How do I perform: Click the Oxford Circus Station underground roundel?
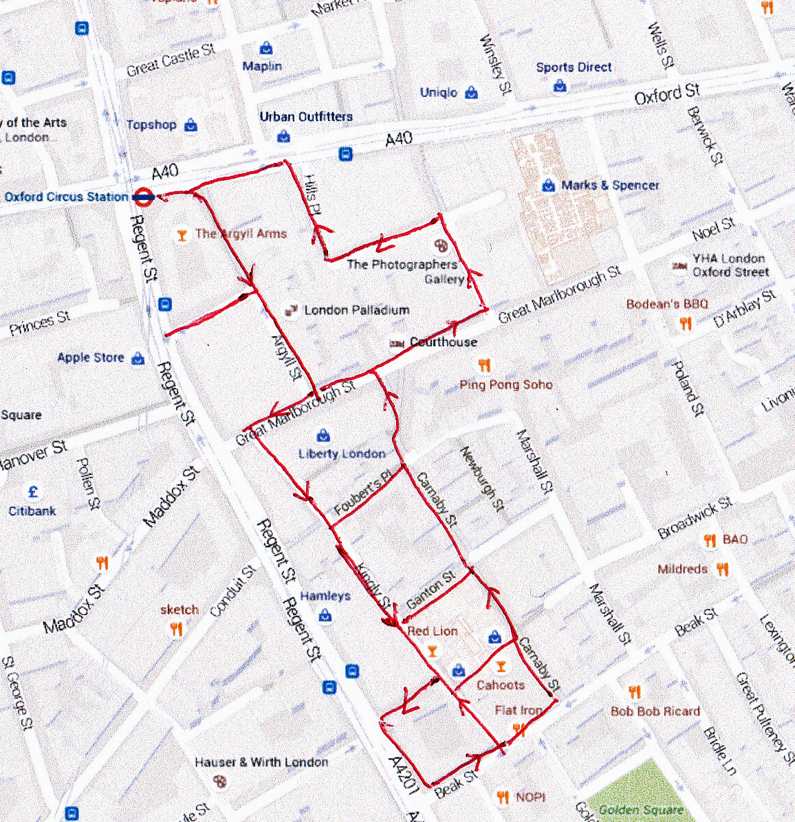pos(144,197)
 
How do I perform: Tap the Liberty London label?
pos(342,454)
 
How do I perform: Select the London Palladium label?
pos(356,311)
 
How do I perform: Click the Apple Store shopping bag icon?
pos(138,358)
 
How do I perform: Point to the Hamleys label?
pos(325,596)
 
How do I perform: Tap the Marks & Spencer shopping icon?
pos(549,186)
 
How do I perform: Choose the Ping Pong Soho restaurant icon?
pos(485,366)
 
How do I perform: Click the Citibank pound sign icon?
pos(32,492)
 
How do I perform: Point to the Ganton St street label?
pos(431,590)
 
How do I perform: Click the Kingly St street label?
pos(375,585)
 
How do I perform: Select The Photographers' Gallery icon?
pos(442,245)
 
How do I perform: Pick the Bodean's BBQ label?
pos(666,304)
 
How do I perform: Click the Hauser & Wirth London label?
pos(261,762)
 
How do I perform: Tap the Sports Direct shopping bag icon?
pos(560,85)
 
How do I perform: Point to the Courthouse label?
pos(443,342)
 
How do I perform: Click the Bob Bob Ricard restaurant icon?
pos(634,693)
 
